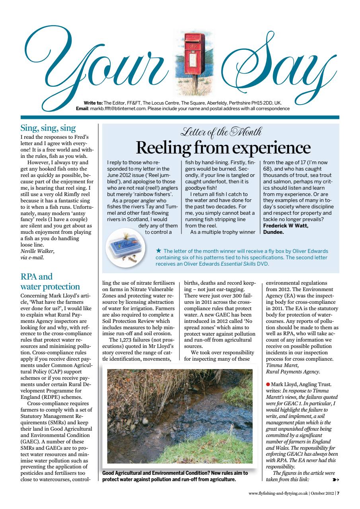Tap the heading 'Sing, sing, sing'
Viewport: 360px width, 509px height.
[48, 128]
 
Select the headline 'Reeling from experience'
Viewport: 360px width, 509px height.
[223, 148]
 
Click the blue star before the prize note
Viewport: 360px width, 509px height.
[159, 251]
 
